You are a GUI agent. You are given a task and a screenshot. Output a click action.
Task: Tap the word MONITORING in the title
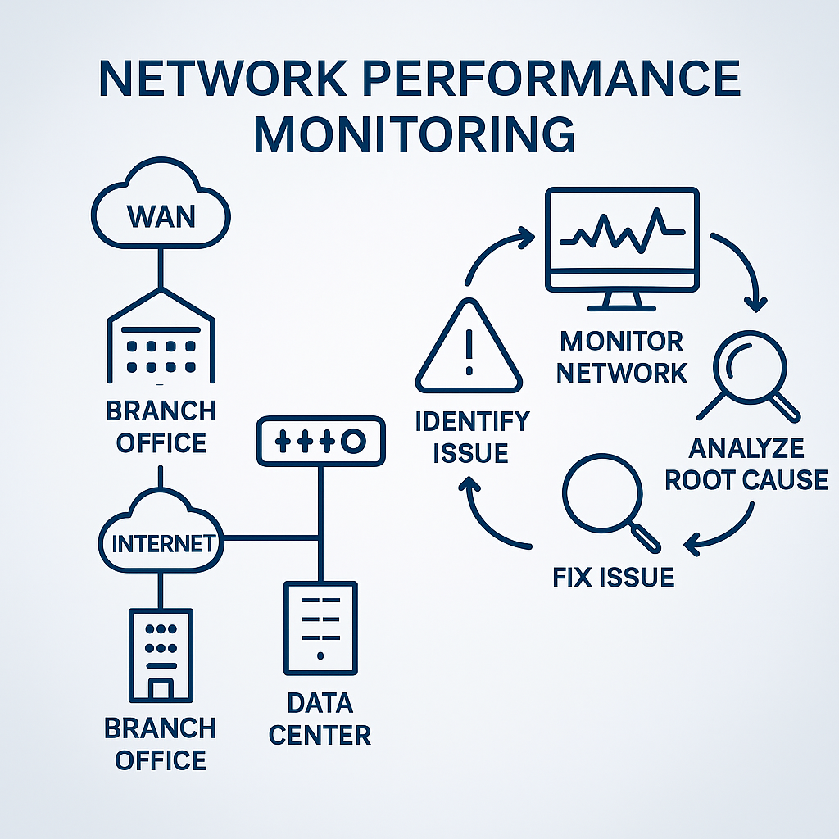click(415, 134)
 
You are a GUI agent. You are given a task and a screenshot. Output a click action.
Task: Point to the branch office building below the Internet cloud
click(161, 654)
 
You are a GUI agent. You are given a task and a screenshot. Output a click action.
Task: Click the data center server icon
click(320, 628)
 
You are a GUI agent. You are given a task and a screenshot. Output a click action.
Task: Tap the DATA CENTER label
click(320, 718)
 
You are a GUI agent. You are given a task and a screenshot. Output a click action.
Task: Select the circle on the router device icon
click(353, 442)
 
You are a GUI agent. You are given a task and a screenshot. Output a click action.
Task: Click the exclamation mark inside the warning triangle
click(469, 352)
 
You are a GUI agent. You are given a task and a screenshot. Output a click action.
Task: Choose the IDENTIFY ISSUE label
click(471, 437)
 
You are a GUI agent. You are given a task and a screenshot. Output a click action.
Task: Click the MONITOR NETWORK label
click(622, 356)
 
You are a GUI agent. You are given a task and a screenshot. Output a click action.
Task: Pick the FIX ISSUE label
click(613, 577)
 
